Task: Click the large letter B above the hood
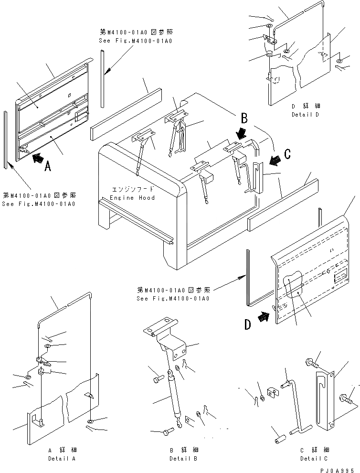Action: point(244,118)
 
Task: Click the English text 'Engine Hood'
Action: point(132,198)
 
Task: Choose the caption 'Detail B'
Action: point(183,459)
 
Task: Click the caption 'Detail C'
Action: point(314,459)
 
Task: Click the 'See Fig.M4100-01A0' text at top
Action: point(136,41)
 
